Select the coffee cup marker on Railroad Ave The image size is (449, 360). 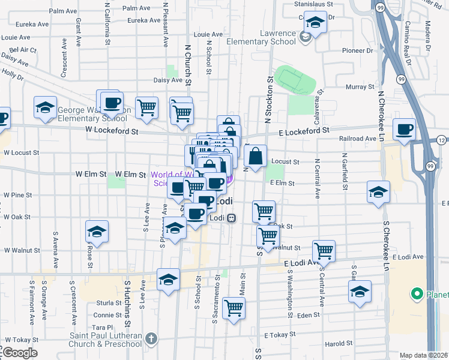pos(405,129)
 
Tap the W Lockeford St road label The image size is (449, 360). pos(112,130)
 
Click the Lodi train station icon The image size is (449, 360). pos(231,218)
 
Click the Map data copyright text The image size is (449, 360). pos(424,355)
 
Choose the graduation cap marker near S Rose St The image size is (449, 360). pos(96,231)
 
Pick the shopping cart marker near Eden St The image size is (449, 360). pos(234,308)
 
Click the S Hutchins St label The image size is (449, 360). pos(127,300)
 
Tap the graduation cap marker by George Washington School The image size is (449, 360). pos(45,107)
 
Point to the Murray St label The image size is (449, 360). pos(360,88)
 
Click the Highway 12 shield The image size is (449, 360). pos(442,140)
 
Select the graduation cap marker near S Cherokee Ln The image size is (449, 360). pos(378,193)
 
